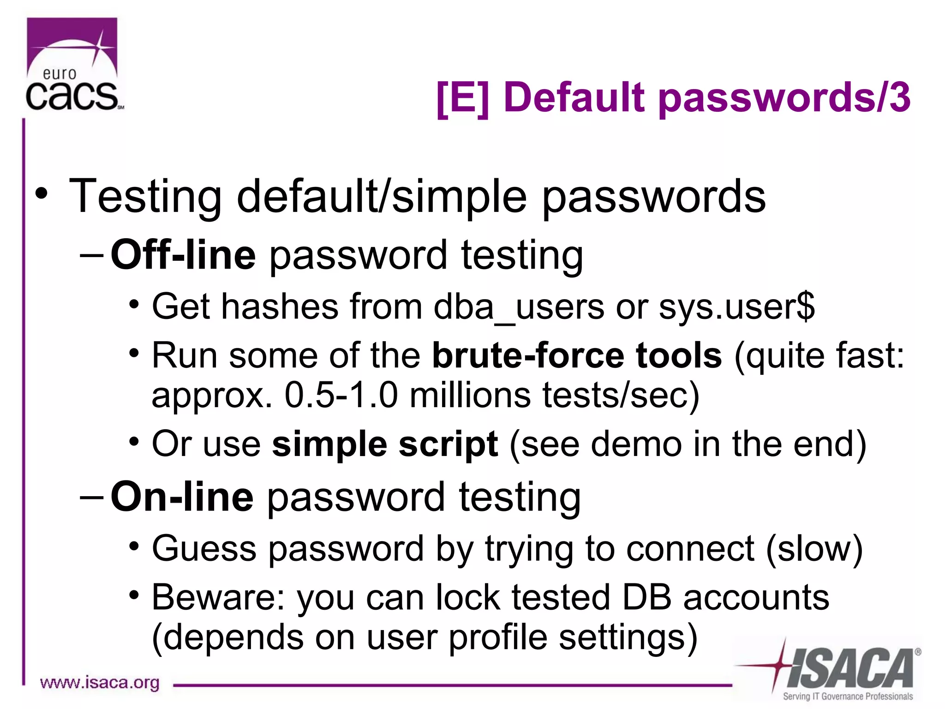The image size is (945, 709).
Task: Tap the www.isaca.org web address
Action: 100,682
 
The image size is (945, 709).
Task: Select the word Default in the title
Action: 574,98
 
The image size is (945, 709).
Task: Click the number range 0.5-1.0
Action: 341,395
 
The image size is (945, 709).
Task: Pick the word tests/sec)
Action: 621,395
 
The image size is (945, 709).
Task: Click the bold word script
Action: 448,444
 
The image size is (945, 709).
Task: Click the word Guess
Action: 204,549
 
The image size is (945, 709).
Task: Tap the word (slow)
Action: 815,549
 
